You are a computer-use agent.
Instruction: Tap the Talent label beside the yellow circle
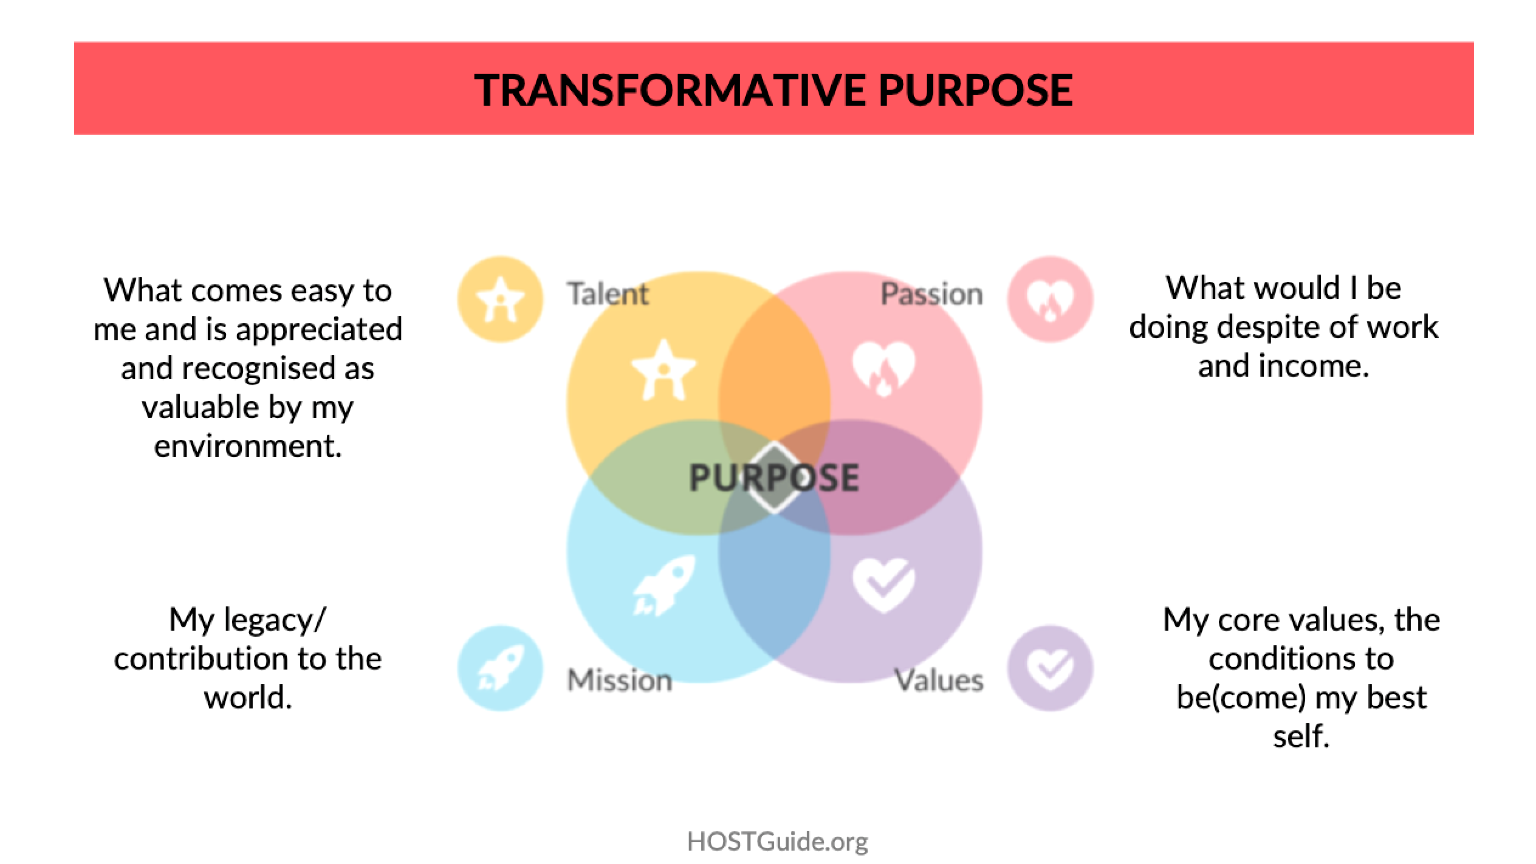tap(608, 294)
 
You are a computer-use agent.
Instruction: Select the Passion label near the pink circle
tap(931, 295)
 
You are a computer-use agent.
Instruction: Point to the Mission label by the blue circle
tap(620, 680)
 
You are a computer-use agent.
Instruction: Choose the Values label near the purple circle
tap(939, 680)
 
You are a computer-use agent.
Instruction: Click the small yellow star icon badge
tap(500, 299)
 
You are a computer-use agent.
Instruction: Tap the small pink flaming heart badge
tap(1050, 299)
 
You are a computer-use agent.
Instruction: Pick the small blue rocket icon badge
tap(500, 668)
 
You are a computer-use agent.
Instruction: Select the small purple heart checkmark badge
tap(1050, 668)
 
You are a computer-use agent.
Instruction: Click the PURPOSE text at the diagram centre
tap(774, 477)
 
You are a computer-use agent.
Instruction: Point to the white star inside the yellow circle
tap(663, 369)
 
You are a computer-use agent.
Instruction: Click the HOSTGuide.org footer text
tap(777, 842)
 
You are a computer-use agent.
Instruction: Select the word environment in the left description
tap(248, 446)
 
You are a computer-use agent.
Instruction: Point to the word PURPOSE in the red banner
tap(975, 89)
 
